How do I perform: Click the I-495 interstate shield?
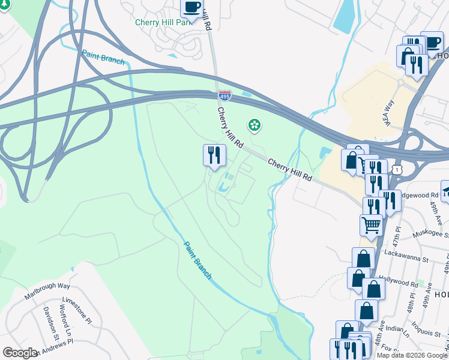point(224,95)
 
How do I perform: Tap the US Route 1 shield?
point(397,170)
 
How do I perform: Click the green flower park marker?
point(255,125)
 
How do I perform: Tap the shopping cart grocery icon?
point(371,225)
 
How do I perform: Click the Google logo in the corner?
point(20,353)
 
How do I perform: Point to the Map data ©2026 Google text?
point(412,355)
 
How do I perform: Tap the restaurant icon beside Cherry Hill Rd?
point(214,155)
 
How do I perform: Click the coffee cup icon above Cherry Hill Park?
point(191,7)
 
